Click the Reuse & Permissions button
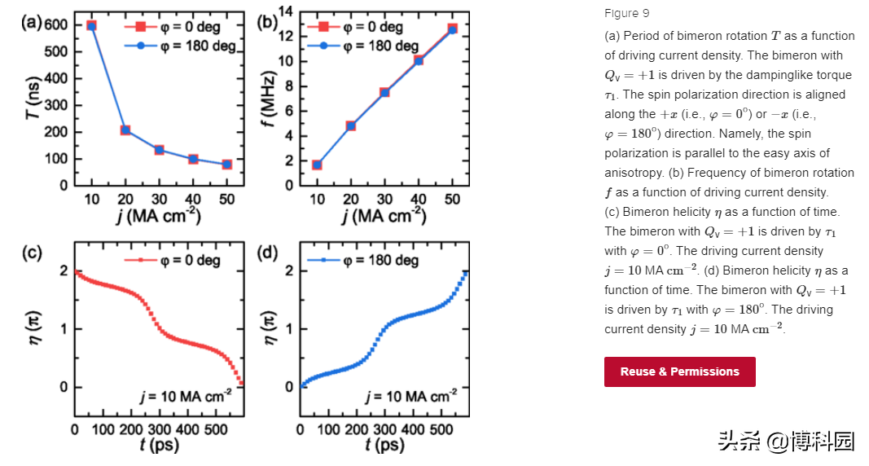(x=679, y=371)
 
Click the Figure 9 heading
(x=626, y=13)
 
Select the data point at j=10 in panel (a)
(x=91, y=26)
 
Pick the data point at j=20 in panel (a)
(x=125, y=130)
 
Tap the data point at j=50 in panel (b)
(x=452, y=29)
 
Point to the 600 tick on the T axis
(x=55, y=25)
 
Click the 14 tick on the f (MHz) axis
(x=284, y=11)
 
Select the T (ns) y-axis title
(x=33, y=107)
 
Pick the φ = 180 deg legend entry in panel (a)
(x=180, y=46)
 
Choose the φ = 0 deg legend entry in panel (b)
(x=355, y=27)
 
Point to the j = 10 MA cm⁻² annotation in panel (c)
(x=184, y=397)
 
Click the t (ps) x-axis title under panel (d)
(x=384, y=445)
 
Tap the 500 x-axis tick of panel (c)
(x=215, y=429)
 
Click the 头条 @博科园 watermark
(x=786, y=441)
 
